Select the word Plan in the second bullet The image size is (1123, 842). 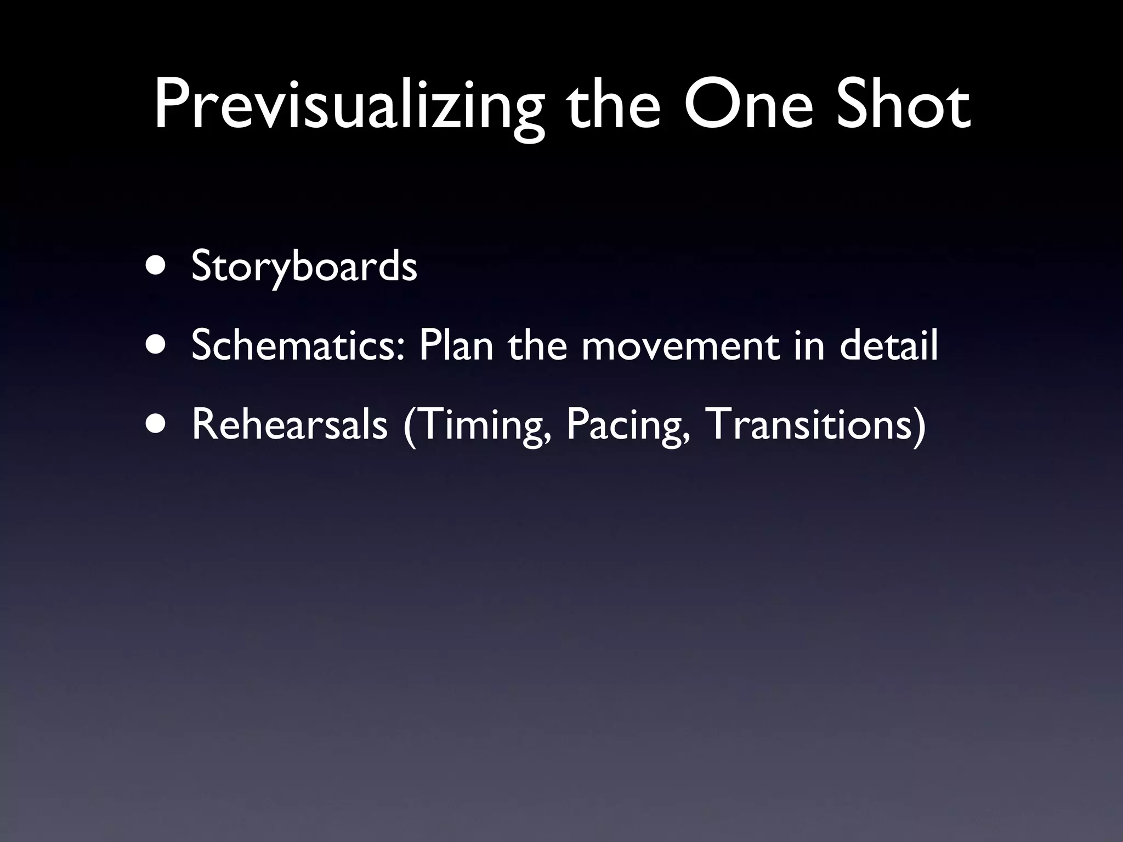click(x=456, y=346)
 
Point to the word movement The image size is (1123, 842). click(x=680, y=346)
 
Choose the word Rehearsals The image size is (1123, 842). click(x=290, y=426)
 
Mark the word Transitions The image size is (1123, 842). click(x=807, y=426)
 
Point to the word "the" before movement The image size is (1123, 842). click(x=538, y=346)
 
